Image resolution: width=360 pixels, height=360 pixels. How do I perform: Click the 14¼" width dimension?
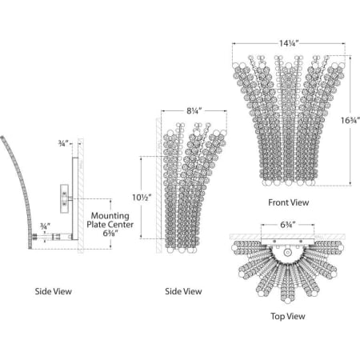click(289, 43)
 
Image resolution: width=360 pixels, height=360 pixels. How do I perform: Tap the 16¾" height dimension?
click(350, 120)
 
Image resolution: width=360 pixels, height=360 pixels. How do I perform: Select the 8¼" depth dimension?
click(194, 111)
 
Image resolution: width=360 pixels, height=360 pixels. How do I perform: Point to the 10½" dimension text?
click(142, 198)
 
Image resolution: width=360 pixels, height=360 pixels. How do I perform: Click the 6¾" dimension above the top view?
click(288, 225)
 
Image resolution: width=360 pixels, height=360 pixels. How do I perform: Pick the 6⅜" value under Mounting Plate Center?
click(110, 234)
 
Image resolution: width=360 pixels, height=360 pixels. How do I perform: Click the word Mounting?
click(110, 216)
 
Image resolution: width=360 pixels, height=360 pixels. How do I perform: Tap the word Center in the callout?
click(122, 225)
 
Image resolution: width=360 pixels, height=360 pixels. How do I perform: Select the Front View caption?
click(289, 202)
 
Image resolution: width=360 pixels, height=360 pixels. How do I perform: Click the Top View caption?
click(288, 316)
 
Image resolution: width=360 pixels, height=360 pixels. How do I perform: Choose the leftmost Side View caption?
click(54, 291)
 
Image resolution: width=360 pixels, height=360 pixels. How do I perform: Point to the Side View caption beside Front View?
click(183, 291)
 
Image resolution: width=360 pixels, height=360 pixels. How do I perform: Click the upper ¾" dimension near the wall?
click(62, 143)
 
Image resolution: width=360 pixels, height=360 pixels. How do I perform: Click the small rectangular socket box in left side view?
click(64, 198)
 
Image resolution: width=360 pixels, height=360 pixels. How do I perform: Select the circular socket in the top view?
click(287, 253)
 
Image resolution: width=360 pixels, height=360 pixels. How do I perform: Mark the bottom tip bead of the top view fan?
click(287, 301)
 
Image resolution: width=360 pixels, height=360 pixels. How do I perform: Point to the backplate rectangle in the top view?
click(288, 242)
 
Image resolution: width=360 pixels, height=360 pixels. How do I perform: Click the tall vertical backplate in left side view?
click(75, 198)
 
